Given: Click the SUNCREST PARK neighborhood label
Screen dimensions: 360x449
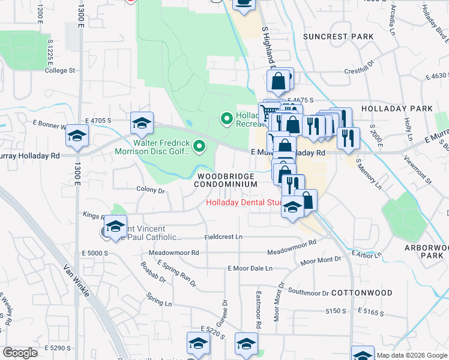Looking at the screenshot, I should [x=339, y=37].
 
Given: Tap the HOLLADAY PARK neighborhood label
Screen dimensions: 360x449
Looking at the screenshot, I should [x=397, y=109].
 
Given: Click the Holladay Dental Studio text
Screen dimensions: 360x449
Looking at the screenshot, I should [x=244, y=203].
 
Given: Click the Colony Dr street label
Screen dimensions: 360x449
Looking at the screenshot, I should [x=151, y=190].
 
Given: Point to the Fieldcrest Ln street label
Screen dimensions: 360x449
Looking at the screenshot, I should [x=223, y=238].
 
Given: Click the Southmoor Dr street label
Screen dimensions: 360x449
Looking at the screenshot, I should [x=309, y=293].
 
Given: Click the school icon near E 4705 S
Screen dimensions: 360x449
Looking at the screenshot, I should [x=142, y=123].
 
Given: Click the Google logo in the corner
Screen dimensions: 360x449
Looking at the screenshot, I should [x=20, y=353].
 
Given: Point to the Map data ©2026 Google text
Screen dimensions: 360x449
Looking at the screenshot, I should [x=412, y=355].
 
